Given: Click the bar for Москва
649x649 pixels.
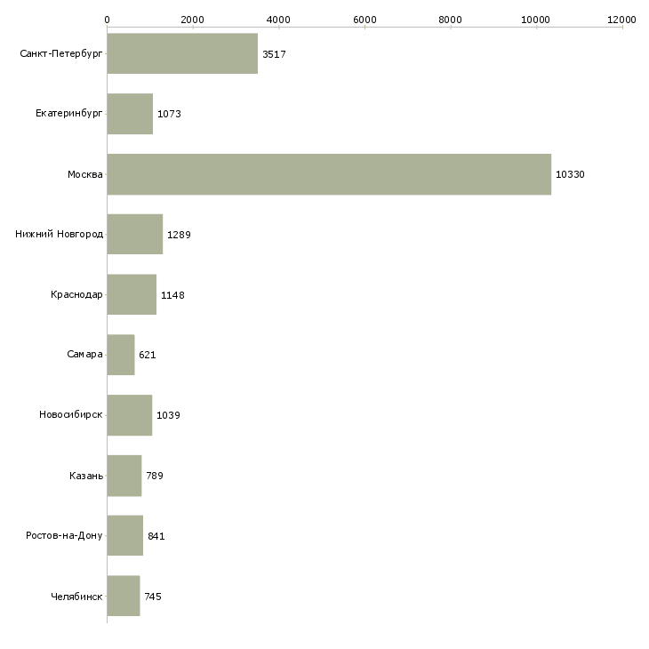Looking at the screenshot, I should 329,174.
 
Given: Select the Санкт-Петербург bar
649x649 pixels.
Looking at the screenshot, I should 182,54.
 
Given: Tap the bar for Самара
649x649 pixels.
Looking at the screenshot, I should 121,355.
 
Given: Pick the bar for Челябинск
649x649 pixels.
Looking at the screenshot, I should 124,597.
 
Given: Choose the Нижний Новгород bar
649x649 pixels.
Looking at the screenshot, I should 134,235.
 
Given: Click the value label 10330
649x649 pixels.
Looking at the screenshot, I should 570,174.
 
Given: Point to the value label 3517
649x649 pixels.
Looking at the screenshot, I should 274,54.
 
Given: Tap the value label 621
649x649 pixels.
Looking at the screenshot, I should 148,355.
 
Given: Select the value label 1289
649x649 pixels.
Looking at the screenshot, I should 179,235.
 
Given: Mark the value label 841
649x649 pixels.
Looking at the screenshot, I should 156,536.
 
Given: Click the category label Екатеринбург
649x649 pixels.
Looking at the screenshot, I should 69,114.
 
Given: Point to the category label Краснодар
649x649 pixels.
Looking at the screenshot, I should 76,294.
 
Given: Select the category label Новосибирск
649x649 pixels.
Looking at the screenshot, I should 71,415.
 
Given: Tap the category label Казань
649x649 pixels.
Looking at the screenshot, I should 86,476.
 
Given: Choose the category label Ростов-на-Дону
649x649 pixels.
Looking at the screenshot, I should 64,536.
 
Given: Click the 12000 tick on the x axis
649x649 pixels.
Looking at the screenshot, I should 622,19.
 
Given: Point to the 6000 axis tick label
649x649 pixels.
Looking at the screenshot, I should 365,19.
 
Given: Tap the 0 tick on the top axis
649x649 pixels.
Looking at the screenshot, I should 107,19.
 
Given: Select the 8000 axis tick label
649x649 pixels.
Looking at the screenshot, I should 451,19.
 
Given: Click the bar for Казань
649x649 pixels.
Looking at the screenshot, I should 124,476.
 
